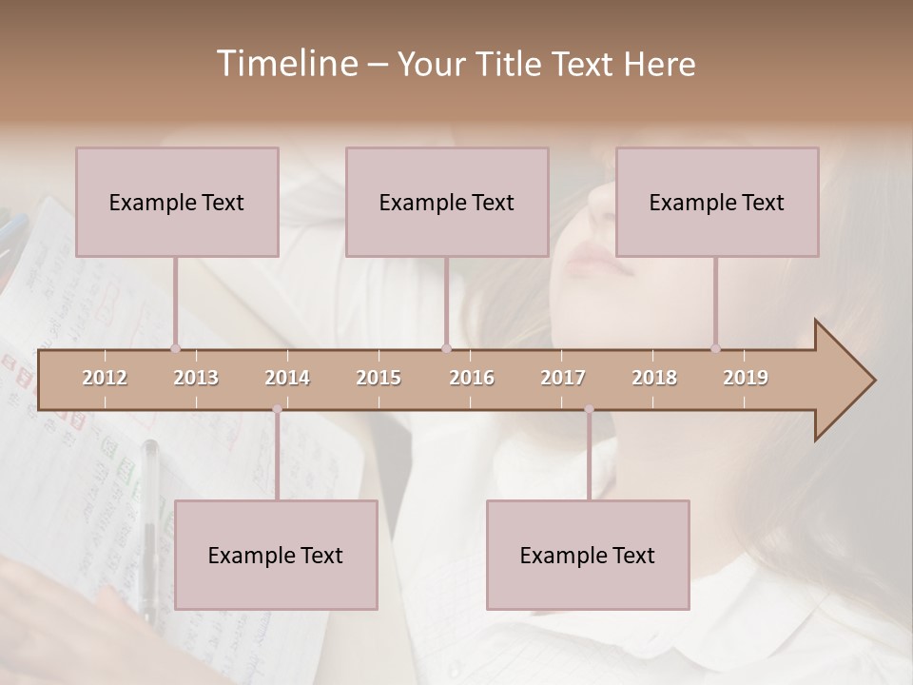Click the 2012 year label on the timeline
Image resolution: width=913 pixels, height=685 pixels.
[x=105, y=378]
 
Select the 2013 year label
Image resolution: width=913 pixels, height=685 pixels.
[x=196, y=378]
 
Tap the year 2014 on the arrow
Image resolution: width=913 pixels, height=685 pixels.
[x=287, y=378]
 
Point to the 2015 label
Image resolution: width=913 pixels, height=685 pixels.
[x=379, y=378]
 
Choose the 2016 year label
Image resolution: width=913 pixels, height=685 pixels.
[x=472, y=378]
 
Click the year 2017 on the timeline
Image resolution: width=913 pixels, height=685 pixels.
[x=563, y=378]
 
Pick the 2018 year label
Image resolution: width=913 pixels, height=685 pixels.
[x=654, y=378]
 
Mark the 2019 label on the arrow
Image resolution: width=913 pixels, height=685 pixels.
[x=746, y=378]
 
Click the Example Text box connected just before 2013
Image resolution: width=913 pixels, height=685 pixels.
[x=177, y=203]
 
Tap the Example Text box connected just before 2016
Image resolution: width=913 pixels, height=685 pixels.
[x=447, y=203]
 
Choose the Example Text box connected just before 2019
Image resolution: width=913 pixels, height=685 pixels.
[x=717, y=203]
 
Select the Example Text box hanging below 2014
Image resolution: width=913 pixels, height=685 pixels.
[x=276, y=556]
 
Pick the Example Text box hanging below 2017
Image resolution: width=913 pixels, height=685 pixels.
[x=588, y=556]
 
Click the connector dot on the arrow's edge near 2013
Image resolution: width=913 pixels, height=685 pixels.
[x=175, y=348]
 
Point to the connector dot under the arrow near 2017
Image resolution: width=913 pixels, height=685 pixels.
[x=589, y=409]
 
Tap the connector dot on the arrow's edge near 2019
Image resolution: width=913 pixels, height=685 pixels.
[x=715, y=348]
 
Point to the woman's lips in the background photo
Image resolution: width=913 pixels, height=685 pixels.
[x=599, y=259]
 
